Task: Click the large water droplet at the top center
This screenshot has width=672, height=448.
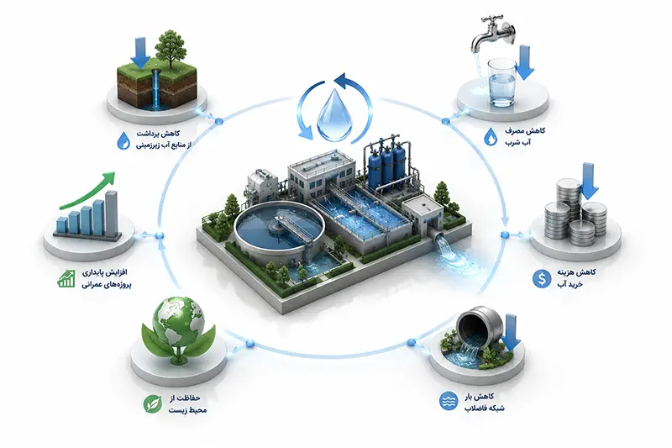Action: tap(335, 114)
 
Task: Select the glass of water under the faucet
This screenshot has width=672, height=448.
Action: tap(501, 82)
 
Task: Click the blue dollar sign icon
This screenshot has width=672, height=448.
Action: tap(541, 279)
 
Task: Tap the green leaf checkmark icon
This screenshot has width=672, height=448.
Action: tap(153, 403)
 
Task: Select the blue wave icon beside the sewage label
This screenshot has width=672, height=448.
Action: tap(449, 401)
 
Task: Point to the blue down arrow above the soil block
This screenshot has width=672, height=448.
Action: tap(140, 53)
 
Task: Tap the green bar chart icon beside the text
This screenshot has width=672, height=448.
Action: tap(66, 279)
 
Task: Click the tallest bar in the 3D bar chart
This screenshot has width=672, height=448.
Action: tap(112, 214)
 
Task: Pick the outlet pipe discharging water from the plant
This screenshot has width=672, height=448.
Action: tap(438, 238)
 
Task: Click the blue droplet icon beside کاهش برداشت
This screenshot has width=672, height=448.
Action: tap(123, 140)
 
